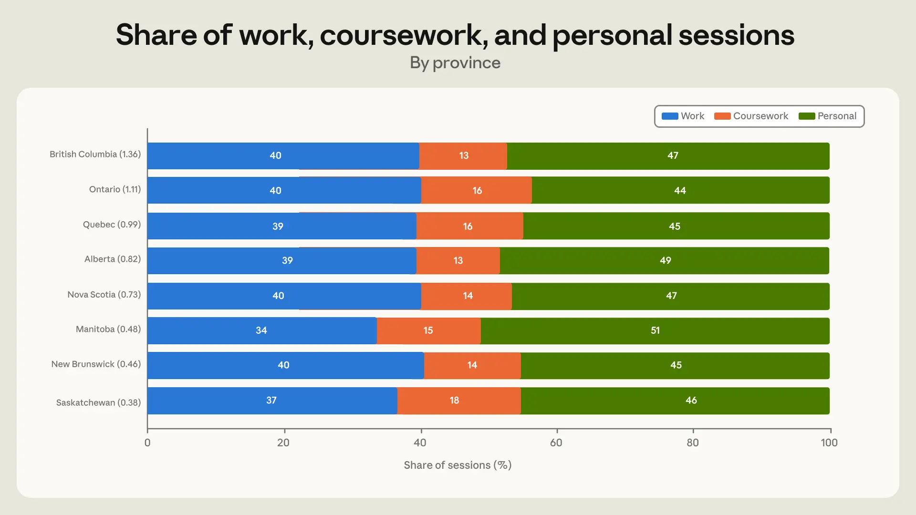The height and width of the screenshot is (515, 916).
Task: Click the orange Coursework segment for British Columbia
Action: (x=463, y=156)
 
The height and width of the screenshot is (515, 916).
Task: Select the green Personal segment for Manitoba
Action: (x=655, y=331)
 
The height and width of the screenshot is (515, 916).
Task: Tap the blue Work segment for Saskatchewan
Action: (x=272, y=401)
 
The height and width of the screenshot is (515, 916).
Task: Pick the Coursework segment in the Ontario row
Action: (x=477, y=190)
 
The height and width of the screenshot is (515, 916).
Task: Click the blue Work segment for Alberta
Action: (x=282, y=261)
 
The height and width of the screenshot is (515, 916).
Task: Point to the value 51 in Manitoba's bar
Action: (x=655, y=330)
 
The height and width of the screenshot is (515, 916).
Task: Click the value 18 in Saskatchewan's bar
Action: (x=454, y=401)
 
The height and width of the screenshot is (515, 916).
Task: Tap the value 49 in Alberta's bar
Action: (x=665, y=261)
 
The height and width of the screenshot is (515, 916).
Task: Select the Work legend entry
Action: (x=683, y=116)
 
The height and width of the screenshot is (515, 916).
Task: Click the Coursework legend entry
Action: (x=751, y=116)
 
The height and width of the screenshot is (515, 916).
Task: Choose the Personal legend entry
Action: (x=827, y=116)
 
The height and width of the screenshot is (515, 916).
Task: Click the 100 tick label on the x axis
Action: (x=829, y=443)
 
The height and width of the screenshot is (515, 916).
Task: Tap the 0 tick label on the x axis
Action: (x=147, y=443)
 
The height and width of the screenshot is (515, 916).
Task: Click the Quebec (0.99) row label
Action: (x=112, y=225)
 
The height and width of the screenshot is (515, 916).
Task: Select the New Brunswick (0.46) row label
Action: (x=96, y=364)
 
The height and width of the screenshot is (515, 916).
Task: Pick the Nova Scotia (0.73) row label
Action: (x=104, y=295)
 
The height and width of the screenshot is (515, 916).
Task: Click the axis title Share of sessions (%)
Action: (x=458, y=465)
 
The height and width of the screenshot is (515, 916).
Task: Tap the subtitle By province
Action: (x=455, y=63)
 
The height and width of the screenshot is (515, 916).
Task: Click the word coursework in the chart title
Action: (x=404, y=35)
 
